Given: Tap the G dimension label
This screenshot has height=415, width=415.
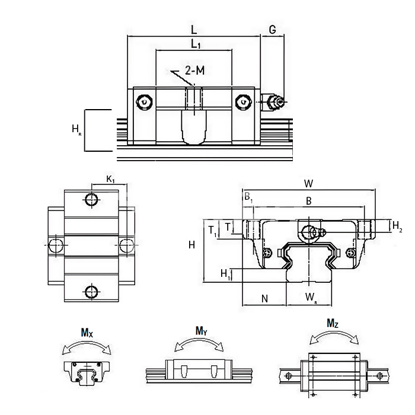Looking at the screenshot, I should click(273, 28).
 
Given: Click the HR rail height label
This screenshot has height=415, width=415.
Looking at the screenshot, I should click(75, 129).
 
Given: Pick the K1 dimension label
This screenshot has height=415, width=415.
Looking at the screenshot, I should click(110, 178).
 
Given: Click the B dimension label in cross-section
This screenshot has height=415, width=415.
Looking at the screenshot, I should click(308, 202).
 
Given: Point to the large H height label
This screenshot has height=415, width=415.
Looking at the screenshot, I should click(191, 244).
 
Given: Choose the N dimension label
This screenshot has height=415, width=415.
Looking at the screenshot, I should click(264, 298).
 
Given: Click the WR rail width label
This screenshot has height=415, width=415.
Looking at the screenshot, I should click(310, 297).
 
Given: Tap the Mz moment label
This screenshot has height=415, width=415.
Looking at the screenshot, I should click(333, 323).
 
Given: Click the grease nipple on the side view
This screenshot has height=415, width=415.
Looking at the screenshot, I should click(274, 102).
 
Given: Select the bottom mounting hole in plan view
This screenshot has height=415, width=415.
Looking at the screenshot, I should click(91, 291).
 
